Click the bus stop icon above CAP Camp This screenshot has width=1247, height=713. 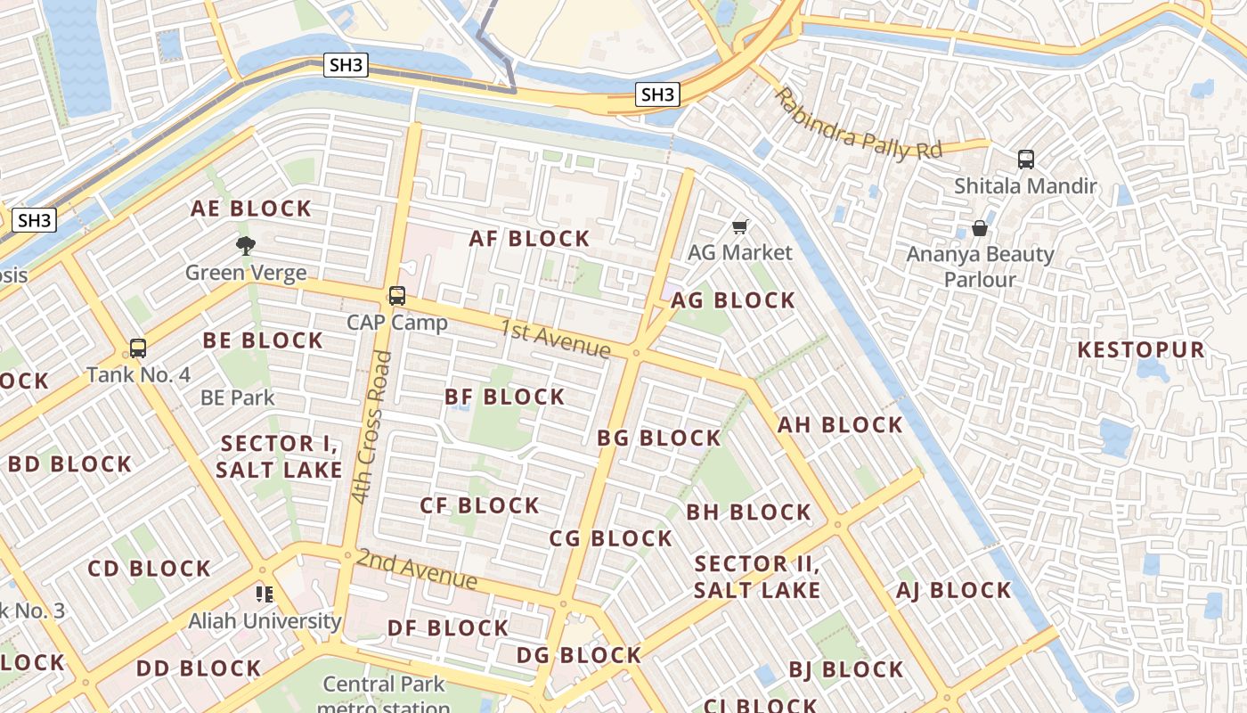397,296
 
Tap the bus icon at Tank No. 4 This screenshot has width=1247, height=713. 137,348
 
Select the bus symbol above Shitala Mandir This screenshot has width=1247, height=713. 1026,160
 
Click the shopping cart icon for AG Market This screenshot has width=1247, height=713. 739,227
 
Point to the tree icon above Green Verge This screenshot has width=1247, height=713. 246,246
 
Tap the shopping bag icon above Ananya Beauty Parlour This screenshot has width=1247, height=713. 980,228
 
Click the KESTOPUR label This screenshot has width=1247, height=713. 1141,349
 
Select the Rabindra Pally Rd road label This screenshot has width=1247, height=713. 857,125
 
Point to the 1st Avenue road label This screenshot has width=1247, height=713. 555,339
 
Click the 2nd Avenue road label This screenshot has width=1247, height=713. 417,569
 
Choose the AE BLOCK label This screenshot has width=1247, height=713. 251,209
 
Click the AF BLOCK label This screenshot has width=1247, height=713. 529,238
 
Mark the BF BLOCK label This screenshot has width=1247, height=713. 504,397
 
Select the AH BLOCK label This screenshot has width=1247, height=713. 840,425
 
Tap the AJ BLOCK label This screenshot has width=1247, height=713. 954,590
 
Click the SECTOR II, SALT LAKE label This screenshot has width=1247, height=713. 757,577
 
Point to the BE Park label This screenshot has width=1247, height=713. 238,397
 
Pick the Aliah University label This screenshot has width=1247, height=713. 265,620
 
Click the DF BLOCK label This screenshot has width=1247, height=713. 448,627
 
